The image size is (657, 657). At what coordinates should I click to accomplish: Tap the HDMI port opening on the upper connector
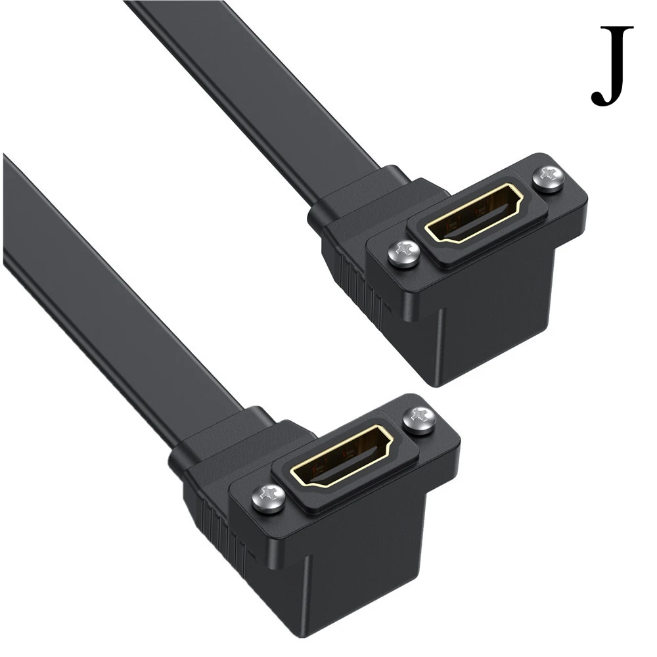474,214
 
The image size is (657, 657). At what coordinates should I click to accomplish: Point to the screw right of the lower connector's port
418,420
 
